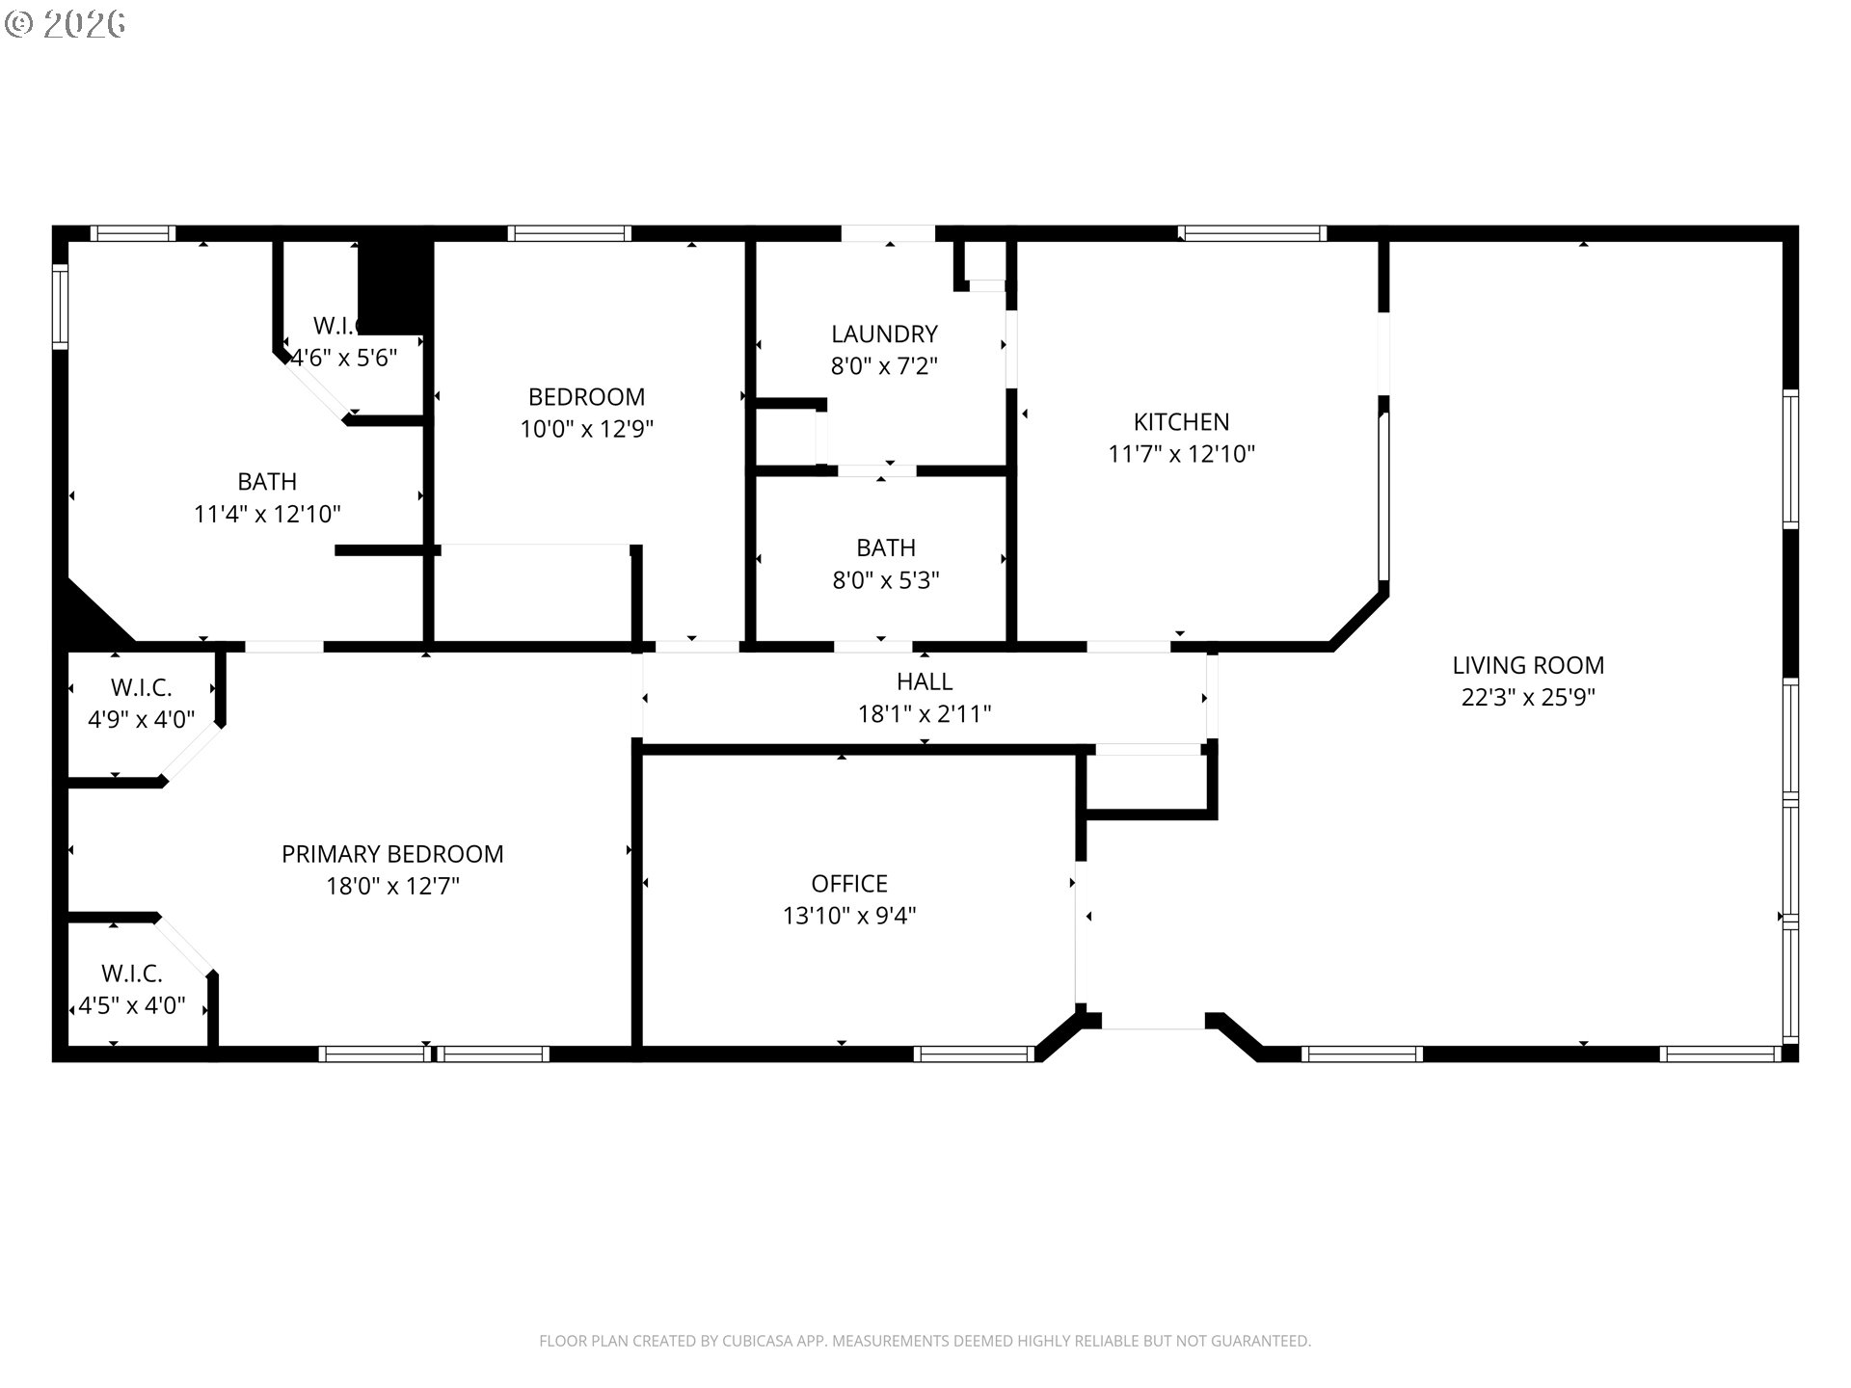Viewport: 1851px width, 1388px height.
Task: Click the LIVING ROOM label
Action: [1528, 665]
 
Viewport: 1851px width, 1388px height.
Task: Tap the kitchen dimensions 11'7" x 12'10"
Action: [1181, 454]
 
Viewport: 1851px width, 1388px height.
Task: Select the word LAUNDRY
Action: [884, 334]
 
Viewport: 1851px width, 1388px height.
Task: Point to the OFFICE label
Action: [848, 883]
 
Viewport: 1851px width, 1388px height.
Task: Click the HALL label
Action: [924, 681]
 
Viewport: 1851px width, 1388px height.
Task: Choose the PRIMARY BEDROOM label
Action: [392, 854]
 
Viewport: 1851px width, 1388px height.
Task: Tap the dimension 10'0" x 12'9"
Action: [586, 429]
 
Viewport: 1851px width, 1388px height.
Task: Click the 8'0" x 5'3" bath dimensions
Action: [885, 580]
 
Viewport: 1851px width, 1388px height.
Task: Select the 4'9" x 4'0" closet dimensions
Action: [141, 720]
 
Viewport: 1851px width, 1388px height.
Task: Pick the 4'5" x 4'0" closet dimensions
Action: [132, 1006]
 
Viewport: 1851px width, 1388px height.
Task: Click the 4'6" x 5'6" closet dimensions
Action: [344, 359]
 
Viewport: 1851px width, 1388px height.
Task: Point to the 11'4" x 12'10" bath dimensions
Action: [267, 514]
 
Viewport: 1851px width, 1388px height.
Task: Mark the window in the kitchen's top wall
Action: [1252, 233]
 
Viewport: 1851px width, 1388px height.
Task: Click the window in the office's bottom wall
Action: [973, 1054]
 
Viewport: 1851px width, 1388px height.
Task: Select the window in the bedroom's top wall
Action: [569, 233]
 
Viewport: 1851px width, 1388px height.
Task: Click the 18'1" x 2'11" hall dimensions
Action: [924, 714]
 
